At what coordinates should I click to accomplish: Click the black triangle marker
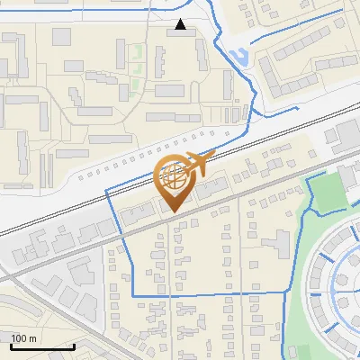pyautogui.click(x=181, y=24)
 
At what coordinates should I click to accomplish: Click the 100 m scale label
pyautogui.click(x=23, y=338)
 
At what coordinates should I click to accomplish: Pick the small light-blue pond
pyautogui.click(x=238, y=59)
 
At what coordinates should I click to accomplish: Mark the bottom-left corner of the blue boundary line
pyautogui.click(x=133, y=294)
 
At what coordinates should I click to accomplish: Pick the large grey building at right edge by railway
pyautogui.click(x=346, y=135)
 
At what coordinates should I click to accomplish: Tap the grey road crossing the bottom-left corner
pyautogui.click(x=36, y=297)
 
